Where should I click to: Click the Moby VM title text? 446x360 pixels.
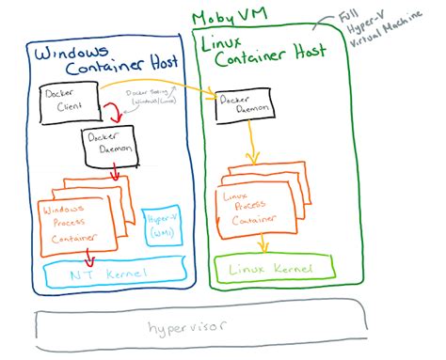coord(225,19)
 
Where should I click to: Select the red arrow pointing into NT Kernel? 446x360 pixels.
coord(89,256)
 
